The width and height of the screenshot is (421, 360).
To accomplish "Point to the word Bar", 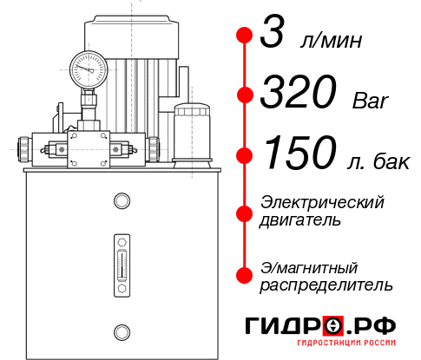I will pyautogui.click(x=369, y=101).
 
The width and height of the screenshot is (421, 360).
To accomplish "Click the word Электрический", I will pyautogui.click(x=322, y=202).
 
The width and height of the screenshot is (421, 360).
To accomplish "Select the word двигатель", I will pyautogui.click(x=300, y=220).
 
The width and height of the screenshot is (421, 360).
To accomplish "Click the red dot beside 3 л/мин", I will pyautogui.click(x=244, y=36).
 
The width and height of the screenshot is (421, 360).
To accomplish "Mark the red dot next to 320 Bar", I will pyautogui.click(x=244, y=95).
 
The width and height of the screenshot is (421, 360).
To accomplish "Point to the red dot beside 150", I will pyautogui.click(x=244, y=154).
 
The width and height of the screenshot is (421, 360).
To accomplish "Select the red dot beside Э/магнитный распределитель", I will pyautogui.click(x=244, y=273).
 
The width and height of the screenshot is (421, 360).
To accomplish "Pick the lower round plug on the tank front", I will pyautogui.click(x=122, y=331).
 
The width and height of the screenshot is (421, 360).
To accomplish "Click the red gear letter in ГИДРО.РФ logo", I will pyautogui.click(x=334, y=326).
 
